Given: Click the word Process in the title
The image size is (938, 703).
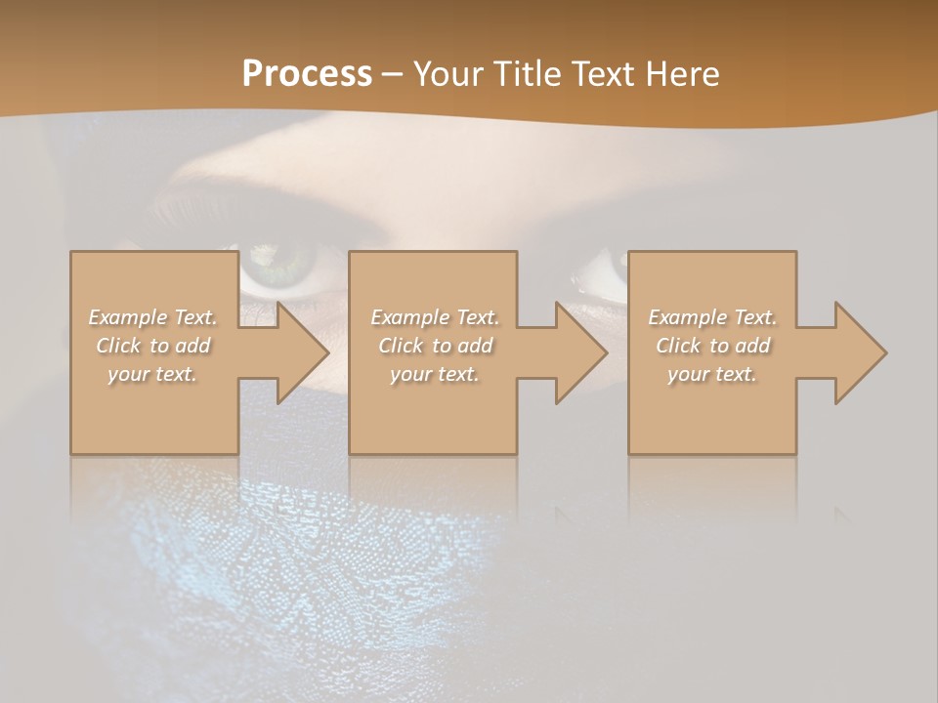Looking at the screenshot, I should click(x=307, y=74).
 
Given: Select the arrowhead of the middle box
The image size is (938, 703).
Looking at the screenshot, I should click(x=580, y=352).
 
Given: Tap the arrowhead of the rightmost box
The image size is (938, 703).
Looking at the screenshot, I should click(x=860, y=352).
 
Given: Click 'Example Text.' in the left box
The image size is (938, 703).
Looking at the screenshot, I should click(x=153, y=317).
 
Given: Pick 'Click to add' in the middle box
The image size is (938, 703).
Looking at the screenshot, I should click(x=435, y=346).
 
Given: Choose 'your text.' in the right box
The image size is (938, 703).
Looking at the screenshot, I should click(x=712, y=374).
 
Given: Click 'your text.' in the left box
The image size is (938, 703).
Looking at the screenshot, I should click(x=153, y=374).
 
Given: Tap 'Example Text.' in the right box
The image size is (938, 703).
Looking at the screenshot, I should click(x=712, y=317).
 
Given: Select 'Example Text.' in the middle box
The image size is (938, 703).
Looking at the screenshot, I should click(x=435, y=317).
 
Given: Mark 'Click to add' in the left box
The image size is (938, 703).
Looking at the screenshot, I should click(x=153, y=346).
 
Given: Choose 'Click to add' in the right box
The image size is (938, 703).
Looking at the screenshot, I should click(x=712, y=346).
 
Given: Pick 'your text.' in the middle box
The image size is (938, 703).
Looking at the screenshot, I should click(x=435, y=374).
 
